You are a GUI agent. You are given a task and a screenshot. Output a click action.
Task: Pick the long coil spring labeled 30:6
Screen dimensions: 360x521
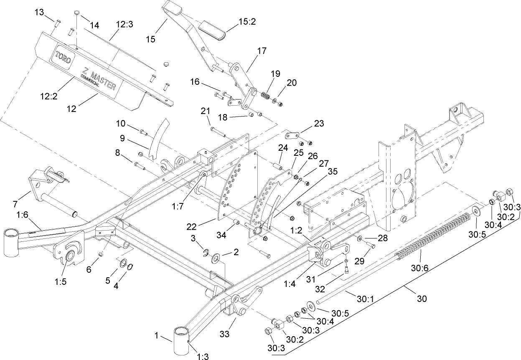435,234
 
